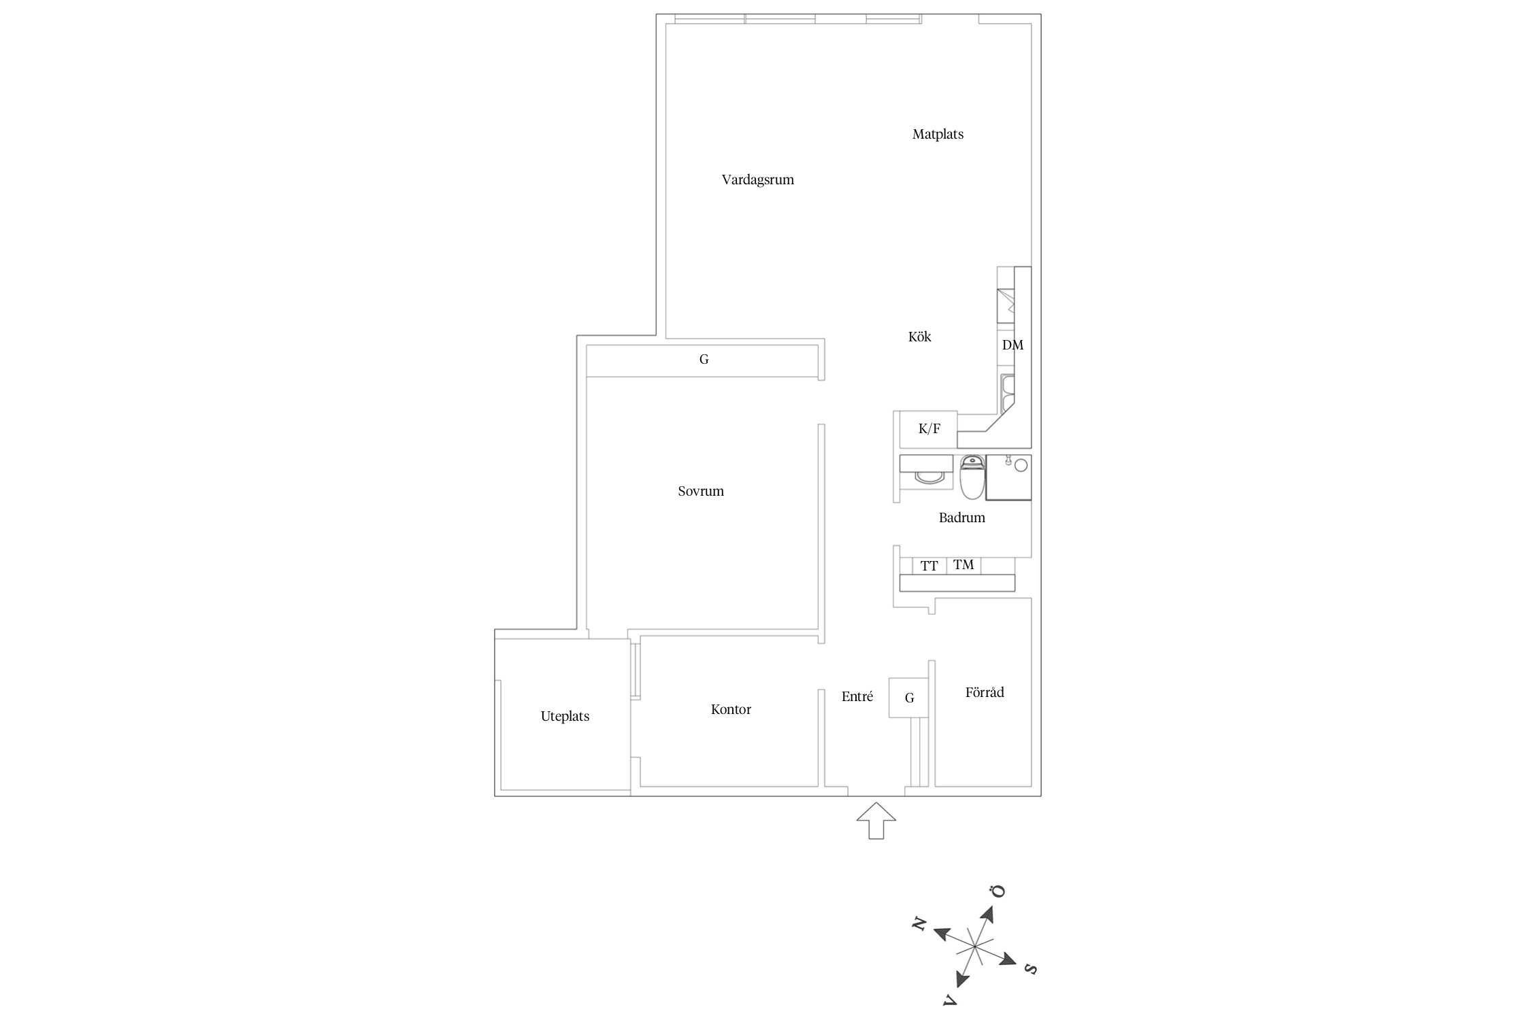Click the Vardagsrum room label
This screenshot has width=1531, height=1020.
point(757,180)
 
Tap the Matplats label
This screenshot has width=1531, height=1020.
point(938,135)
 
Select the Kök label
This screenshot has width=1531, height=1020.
point(919,337)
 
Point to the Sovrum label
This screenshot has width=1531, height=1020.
point(701,492)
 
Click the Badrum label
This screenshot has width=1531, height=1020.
point(961,517)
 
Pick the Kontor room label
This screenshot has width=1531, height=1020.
point(731,710)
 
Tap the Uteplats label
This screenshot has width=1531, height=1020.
point(565,716)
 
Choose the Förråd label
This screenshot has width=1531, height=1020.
point(984,693)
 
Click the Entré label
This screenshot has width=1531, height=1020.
point(857,697)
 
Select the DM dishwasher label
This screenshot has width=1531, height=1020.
point(1013,345)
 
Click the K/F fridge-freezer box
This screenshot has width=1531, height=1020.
point(929,429)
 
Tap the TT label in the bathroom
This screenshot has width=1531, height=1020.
point(929,566)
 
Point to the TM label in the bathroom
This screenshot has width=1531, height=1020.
point(964,565)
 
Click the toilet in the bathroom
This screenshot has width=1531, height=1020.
point(972,477)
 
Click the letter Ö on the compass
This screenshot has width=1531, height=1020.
point(998,891)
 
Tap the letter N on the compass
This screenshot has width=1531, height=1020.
point(919,924)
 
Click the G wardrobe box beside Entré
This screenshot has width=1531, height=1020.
point(909,698)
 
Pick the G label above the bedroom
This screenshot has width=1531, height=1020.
point(704,360)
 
